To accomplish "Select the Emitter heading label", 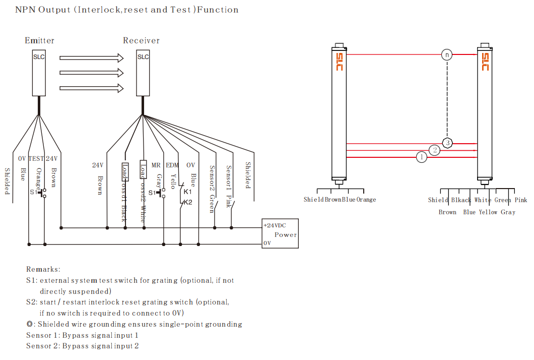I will (x=39, y=40).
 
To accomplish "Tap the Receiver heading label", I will (x=141, y=40).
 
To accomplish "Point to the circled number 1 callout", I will (x=422, y=158).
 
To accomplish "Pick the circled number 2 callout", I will (x=435, y=150).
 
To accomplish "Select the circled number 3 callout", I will (x=447, y=143).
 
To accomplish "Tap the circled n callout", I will (x=446, y=54).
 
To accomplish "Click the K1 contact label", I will (x=187, y=192).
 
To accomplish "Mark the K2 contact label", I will (x=187, y=202).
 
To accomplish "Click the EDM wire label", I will (x=172, y=165).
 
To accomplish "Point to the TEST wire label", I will (x=36, y=158).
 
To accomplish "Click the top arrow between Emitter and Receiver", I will (x=91, y=58).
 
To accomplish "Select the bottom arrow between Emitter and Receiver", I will (x=91, y=88).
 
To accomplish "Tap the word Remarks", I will (x=43, y=269).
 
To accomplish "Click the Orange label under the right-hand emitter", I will (x=366, y=200).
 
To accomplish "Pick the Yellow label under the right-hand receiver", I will (x=488, y=212).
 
